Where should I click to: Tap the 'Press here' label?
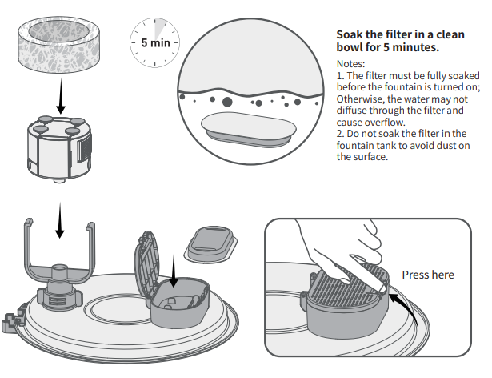pos(427,275)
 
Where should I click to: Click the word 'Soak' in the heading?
pos(352,36)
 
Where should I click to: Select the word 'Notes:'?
pos(350,63)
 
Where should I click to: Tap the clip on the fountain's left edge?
pos(10,317)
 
